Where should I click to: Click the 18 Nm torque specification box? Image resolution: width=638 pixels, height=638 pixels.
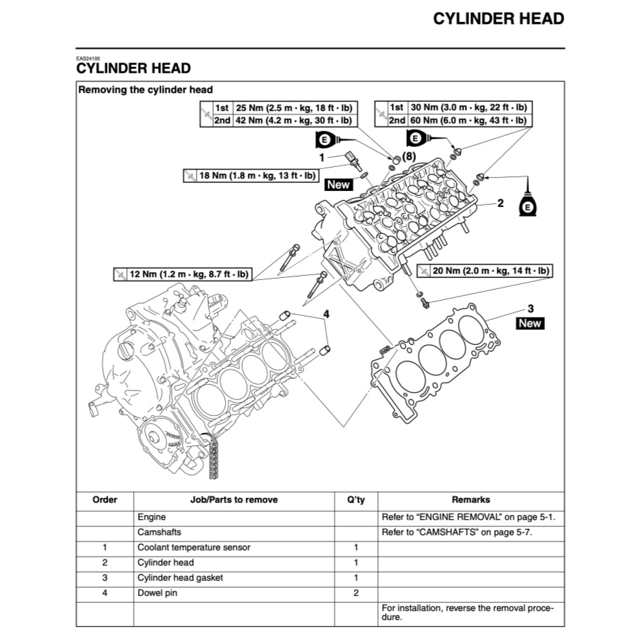point(250,176)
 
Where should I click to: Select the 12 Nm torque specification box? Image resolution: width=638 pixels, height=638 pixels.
point(182,275)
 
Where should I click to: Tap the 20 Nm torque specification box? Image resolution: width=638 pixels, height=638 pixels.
point(485,271)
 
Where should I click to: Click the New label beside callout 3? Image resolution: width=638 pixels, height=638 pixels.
point(530,323)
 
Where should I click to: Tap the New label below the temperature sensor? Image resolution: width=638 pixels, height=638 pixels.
point(339,185)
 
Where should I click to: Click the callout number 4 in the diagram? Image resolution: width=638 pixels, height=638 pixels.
point(326,315)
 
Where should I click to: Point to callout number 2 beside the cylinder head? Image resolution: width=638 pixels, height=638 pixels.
point(501,203)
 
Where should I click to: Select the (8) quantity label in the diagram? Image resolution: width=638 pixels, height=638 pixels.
point(409,157)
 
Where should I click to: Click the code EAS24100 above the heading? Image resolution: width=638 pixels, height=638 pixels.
point(88,59)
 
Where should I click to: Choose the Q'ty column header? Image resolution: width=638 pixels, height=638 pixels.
point(356,500)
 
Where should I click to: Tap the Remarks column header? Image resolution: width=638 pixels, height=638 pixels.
point(470,500)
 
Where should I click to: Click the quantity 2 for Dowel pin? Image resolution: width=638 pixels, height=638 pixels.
point(356,593)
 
